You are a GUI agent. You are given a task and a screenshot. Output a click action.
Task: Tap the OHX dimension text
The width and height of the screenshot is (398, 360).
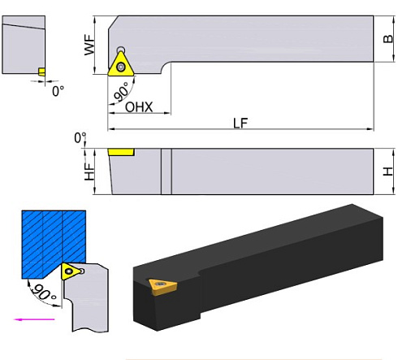click(x=141, y=107)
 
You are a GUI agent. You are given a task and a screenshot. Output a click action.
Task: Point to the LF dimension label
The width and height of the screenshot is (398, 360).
click(x=240, y=124)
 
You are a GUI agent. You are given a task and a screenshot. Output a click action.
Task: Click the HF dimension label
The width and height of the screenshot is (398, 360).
click(x=89, y=171)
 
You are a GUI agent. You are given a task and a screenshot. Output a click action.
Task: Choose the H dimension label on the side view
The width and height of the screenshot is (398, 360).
click(x=388, y=171)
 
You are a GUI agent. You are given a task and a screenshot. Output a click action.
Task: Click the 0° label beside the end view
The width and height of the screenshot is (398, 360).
click(x=58, y=91)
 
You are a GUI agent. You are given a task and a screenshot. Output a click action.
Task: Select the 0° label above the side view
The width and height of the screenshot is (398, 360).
click(x=80, y=138)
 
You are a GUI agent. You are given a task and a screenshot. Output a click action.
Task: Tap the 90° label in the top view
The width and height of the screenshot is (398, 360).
click(x=122, y=95)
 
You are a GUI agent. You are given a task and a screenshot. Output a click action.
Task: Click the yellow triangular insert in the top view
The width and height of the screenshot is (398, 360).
click(x=121, y=66)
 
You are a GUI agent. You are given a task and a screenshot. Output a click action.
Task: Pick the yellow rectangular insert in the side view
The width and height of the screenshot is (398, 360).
click(x=121, y=152)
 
